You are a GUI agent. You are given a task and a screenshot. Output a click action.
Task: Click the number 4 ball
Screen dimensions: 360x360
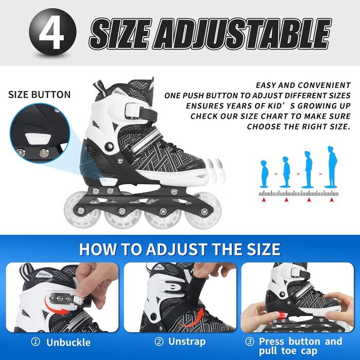(x=52, y=32)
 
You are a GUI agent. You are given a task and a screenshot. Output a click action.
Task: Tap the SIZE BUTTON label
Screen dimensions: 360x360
(x=39, y=95)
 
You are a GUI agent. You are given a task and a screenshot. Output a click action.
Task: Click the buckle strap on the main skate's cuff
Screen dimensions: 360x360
(x=140, y=112)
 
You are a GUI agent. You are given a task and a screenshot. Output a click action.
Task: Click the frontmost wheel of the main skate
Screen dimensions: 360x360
(x=204, y=211)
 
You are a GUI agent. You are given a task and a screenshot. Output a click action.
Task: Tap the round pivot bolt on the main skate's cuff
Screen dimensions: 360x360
(x=109, y=146)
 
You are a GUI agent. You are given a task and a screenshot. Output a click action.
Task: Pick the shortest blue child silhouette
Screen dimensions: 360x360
(x=265, y=174)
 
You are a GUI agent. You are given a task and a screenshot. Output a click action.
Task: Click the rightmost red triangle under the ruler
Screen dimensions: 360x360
(x=331, y=200)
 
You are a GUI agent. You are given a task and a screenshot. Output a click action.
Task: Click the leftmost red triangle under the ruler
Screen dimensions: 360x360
(x=263, y=200)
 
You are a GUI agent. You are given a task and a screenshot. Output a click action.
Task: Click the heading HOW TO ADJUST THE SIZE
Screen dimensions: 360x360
(x=180, y=249)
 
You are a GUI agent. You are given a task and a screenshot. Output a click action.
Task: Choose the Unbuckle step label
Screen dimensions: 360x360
(x=68, y=343)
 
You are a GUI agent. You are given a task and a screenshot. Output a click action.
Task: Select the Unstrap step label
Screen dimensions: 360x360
(x=187, y=341)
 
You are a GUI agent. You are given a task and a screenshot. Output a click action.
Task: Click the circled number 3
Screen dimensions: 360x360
(x=249, y=342)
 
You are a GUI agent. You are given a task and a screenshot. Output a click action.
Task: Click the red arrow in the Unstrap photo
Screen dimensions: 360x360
(x=193, y=318)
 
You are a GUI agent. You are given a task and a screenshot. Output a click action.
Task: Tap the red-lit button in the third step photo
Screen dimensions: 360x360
(x=282, y=315)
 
